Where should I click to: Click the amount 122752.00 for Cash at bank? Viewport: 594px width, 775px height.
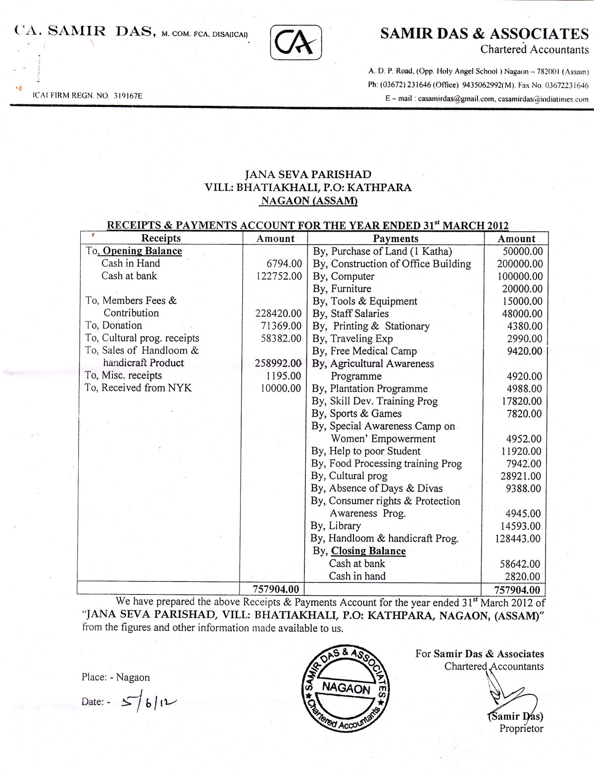point(280,276)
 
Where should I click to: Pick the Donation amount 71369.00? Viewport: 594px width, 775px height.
point(281,326)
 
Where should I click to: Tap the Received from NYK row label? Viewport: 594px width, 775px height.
point(139,388)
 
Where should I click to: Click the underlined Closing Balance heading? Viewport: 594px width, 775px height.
point(368,551)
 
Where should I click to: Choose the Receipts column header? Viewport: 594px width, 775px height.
point(161,238)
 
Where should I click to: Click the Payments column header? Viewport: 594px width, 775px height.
point(396,239)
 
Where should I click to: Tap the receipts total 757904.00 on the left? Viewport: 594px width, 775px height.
point(276,589)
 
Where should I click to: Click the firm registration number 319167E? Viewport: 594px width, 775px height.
point(127,96)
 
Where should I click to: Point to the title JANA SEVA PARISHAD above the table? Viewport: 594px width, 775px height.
point(308,174)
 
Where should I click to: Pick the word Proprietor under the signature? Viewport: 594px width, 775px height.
point(521,728)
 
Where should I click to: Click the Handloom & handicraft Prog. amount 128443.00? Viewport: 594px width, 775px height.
point(518,538)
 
